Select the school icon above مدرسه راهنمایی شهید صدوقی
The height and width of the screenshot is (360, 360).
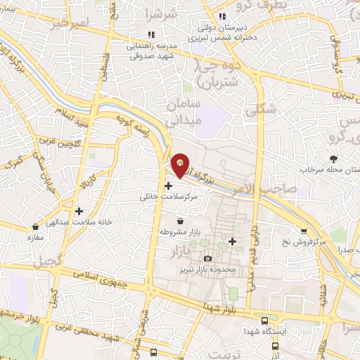[150, 34]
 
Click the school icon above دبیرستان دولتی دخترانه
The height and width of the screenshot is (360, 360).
[221, 16]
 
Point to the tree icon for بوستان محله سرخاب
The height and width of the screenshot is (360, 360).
[333, 159]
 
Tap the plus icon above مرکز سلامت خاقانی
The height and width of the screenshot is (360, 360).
[168, 186]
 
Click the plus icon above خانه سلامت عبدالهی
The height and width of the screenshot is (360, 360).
[79, 210]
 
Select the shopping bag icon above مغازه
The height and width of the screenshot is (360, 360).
[35, 227]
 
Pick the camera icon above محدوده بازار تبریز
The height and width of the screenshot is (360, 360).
[207, 259]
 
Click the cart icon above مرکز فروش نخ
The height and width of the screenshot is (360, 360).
[304, 231]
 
